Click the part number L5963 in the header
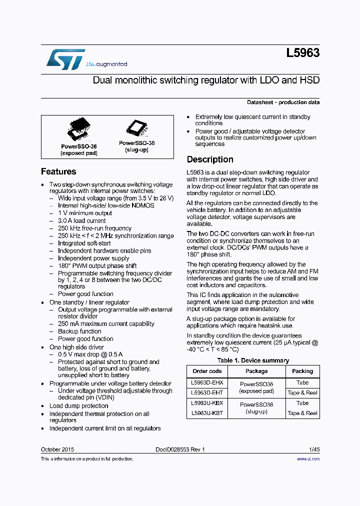coord(303,53)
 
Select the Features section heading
coord(58,171)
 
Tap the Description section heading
coord(210,159)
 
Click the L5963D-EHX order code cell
coord(206,382)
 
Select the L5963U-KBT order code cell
coord(206,413)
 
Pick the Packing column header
coord(302,371)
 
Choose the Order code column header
coord(207,371)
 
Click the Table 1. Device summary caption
coord(253,360)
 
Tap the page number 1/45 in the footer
coord(313,449)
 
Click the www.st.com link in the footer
coord(308,458)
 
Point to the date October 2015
coord(57,449)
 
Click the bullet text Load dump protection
coord(78,406)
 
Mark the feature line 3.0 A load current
coord(81,220)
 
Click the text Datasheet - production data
coord(283,102)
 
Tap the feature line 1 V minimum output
coord(84,213)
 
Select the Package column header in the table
coord(256,371)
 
